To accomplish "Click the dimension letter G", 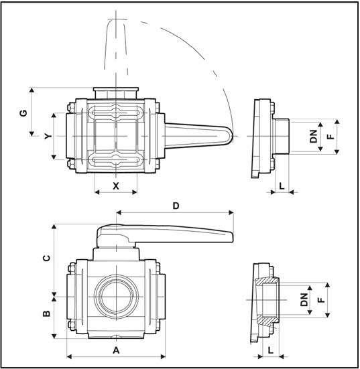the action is point(23,113).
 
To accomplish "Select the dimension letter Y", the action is point(48,136).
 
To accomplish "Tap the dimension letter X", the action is point(116,186).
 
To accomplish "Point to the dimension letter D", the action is point(176,206).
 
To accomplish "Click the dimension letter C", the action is point(47,258).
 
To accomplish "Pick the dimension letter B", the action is point(47,313).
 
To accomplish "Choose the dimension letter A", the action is point(116,350).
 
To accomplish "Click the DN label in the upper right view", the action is point(314,137).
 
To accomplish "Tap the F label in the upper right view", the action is point(331,137).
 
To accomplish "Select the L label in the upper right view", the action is point(282,186).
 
